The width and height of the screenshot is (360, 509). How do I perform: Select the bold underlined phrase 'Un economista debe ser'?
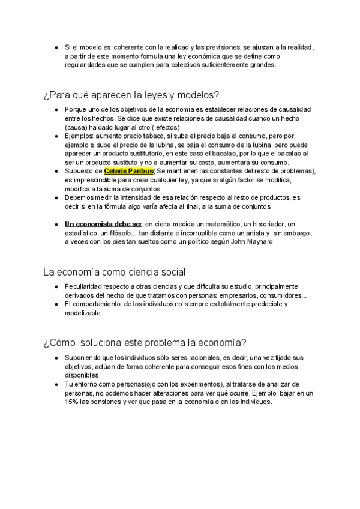click(x=100, y=224)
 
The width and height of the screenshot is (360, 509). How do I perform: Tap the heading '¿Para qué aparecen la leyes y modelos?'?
click(x=131, y=95)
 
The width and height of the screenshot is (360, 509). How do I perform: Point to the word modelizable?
click(x=83, y=313)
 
